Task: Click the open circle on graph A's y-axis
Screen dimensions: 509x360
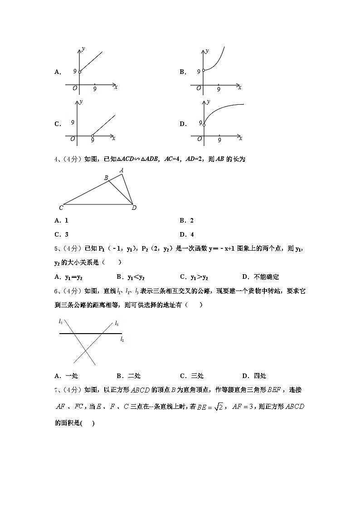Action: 79,72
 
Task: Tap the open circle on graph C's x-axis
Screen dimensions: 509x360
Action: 92,136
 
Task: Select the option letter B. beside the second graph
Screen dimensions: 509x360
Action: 183,72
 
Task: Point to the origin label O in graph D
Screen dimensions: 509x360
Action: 199,139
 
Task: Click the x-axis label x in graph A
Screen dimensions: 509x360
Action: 116,87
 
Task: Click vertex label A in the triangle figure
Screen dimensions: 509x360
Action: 121,170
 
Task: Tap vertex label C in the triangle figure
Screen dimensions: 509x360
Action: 61,208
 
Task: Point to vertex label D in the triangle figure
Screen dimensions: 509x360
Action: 134,208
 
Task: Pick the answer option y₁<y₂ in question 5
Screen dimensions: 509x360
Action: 130,277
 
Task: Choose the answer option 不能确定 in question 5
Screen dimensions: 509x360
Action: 266,277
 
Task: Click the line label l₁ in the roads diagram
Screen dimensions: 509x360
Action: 61,321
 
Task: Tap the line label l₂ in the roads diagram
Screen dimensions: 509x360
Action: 122,339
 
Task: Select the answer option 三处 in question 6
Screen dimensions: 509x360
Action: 197,376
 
